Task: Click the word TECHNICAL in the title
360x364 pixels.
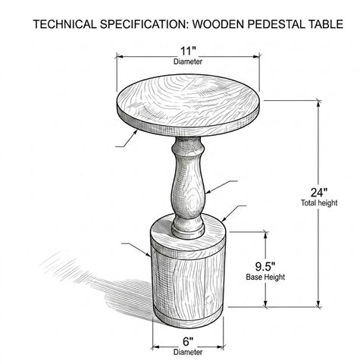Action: click(64, 24)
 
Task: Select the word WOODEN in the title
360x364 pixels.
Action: click(218, 24)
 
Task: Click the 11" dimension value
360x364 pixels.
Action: click(187, 52)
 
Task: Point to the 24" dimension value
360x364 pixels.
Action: click(319, 193)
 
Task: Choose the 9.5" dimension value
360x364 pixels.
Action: click(265, 266)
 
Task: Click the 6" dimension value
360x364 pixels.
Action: click(188, 342)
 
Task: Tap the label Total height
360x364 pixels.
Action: click(319, 202)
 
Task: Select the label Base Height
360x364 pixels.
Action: click(265, 277)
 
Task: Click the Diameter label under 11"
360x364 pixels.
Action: click(188, 61)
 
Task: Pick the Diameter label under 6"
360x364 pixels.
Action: click(188, 352)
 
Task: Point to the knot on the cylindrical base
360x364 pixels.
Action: click(209, 300)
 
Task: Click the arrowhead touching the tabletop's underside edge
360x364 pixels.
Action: click(136, 132)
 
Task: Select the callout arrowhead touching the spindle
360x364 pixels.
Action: click(208, 192)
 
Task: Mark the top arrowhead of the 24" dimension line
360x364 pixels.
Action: click(319, 104)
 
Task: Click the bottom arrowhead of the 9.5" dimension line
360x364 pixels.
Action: click(265, 304)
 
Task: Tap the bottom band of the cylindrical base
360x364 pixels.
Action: click(188, 319)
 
